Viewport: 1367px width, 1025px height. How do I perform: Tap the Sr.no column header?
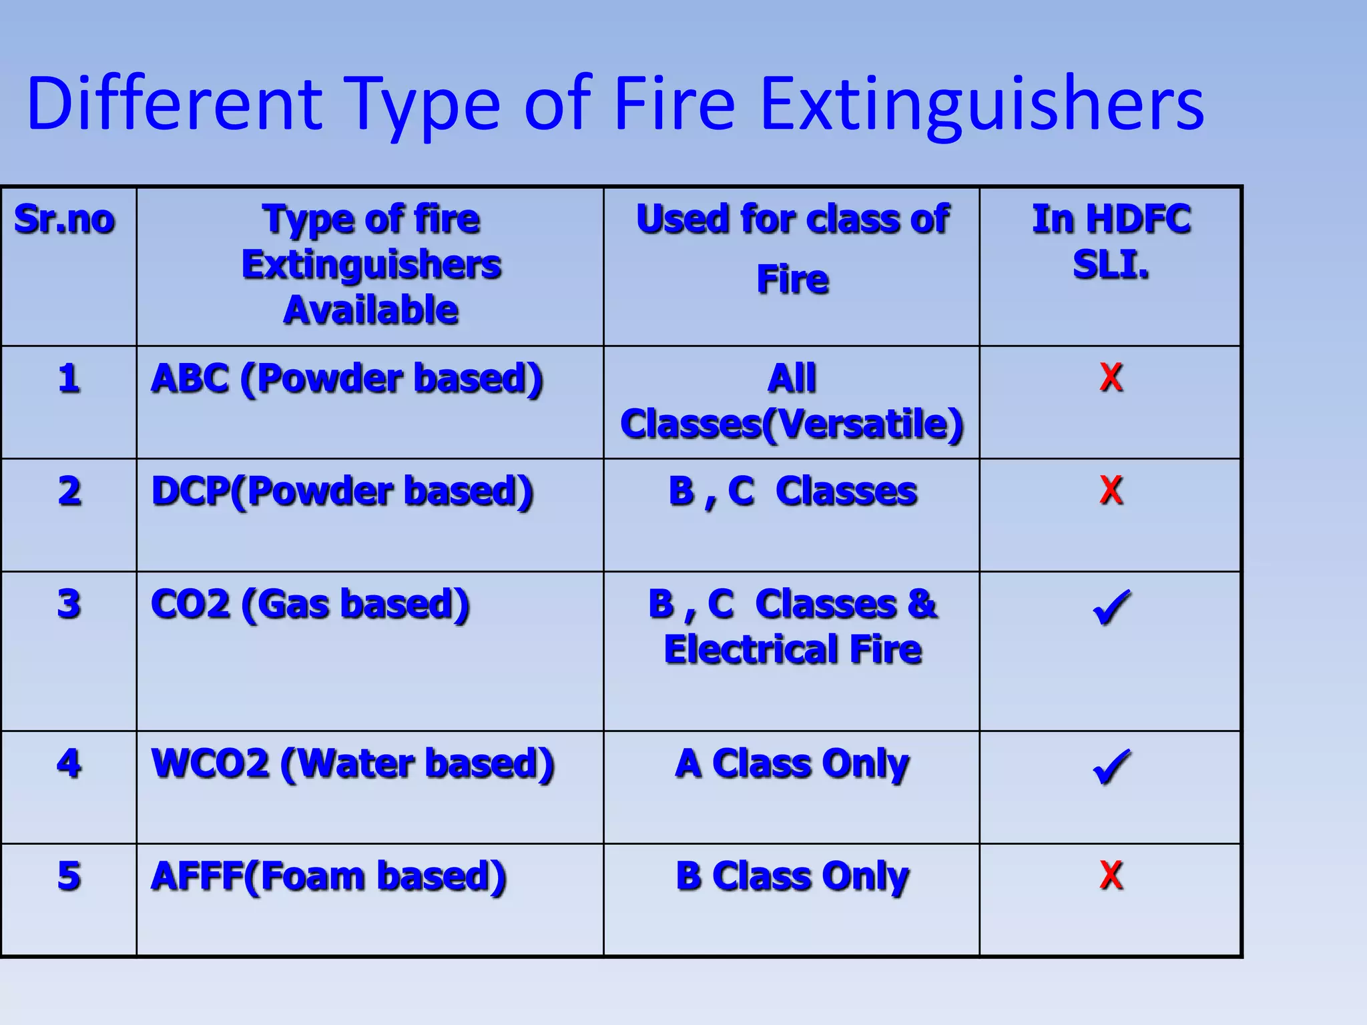click(x=65, y=220)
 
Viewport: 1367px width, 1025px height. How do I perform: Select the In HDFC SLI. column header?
click(x=1111, y=242)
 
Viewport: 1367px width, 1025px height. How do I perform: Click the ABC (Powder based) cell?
click(x=347, y=378)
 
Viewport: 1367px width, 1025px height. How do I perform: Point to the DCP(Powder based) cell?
click(x=342, y=491)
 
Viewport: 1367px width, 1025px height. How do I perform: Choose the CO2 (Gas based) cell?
click(x=310, y=605)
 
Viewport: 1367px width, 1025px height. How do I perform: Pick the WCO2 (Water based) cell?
click(x=352, y=763)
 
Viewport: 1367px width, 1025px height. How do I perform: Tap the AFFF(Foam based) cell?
click(x=328, y=876)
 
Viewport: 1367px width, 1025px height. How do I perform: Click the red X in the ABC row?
click(x=1111, y=378)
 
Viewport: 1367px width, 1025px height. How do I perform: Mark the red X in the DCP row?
click(x=1111, y=490)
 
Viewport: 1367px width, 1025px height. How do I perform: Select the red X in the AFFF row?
click(x=1111, y=876)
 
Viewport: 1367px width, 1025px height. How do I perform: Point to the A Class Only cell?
click(x=792, y=763)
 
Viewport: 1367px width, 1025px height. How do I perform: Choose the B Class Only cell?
click(x=792, y=876)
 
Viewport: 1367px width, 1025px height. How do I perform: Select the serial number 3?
click(x=69, y=605)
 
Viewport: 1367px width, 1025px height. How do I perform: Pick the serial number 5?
click(x=69, y=876)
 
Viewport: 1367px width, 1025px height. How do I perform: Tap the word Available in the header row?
click(x=371, y=310)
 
